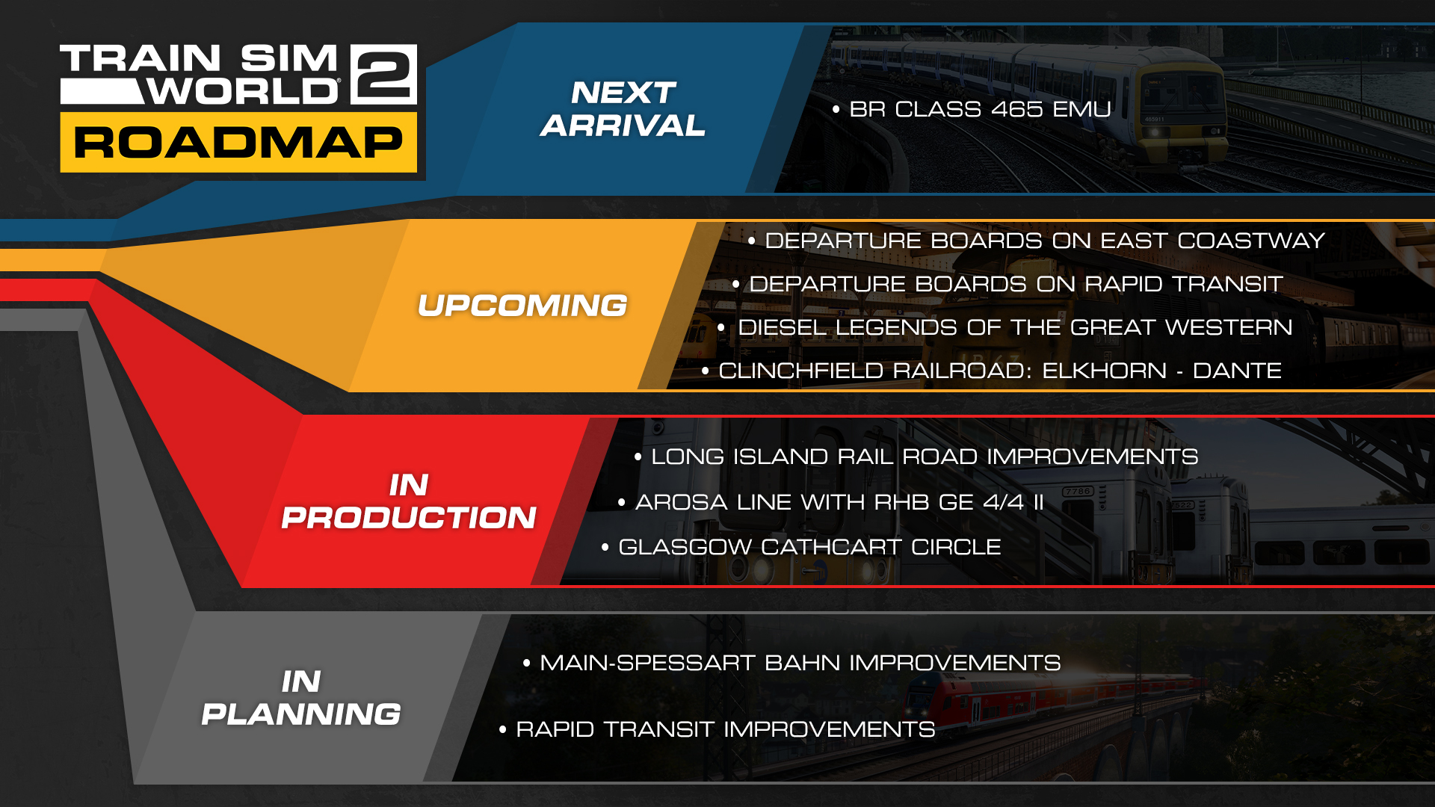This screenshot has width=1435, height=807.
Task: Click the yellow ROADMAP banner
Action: coord(238,143)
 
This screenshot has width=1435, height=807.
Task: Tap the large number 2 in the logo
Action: coord(383,73)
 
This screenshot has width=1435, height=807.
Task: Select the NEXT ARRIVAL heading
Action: coord(623,109)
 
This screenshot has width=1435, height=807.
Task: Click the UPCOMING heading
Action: coord(522,306)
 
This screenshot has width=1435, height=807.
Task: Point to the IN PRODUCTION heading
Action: coord(409,501)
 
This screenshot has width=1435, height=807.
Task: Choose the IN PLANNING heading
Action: coord(301,698)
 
